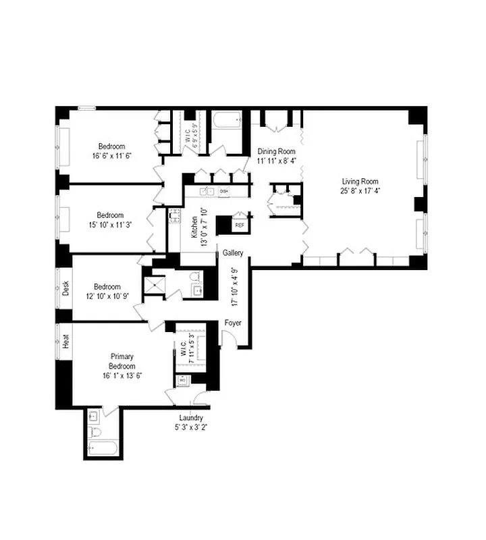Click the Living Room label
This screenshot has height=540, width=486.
[x=360, y=181]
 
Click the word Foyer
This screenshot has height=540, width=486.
[x=233, y=323]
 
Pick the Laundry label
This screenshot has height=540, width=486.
[x=191, y=417]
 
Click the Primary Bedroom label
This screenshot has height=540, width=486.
[x=122, y=361]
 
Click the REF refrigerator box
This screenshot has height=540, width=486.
[x=240, y=225]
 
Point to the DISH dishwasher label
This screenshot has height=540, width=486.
[x=224, y=192]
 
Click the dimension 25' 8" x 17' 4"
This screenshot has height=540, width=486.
[x=360, y=191]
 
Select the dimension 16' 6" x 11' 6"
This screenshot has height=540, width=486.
[x=111, y=156]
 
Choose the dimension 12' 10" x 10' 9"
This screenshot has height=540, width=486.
[x=107, y=296]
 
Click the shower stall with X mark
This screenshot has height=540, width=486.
[x=153, y=284]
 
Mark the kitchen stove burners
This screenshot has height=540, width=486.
[x=174, y=217]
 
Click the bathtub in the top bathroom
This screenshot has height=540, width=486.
[x=226, y=122]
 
